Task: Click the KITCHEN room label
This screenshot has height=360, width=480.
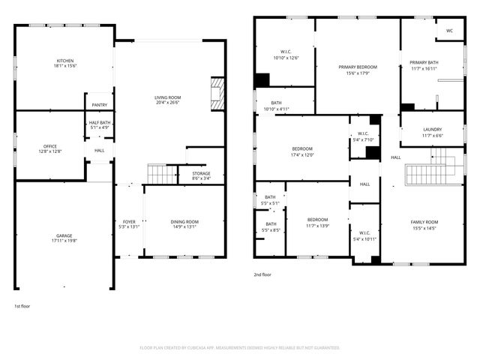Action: [x=65, y=61]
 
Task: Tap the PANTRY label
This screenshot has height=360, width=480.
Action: [x=99, y=105]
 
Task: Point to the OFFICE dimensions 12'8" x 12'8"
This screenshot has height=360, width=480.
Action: [x=50, y=151]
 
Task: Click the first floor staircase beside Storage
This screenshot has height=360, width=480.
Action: [x=160, y=175]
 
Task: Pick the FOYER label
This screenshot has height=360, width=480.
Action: [x=130, y=221]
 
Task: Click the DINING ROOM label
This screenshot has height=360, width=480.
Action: [x=184, y=221]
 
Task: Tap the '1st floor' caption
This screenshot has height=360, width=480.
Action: [x=22, y=307]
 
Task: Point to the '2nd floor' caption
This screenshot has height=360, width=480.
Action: [x=262, y=274]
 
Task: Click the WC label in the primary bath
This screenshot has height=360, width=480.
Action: [x=449, y=31]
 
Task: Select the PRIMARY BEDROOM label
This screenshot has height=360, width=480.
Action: [x=357, y=67]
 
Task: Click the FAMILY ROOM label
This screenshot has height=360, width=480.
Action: [x=424, y=221]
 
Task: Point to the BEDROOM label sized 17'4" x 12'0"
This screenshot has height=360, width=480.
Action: [x=302, y=148]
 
